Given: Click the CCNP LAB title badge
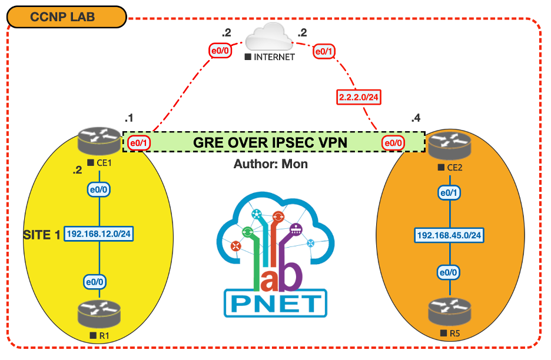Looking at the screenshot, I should (67, 16).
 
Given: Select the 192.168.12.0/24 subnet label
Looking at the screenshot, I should (99, 234).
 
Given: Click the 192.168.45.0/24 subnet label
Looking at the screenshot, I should (449, 235).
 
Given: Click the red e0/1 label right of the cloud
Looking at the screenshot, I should (324, 52).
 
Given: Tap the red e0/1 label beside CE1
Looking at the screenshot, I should (137, 142).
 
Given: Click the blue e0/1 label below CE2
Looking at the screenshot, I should (449, 193).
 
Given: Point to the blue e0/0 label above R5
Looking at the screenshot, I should (449, 272).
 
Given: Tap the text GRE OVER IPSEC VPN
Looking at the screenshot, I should (270, 142).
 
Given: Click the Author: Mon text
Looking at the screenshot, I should (270, 164).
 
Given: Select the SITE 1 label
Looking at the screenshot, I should (41, 235).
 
